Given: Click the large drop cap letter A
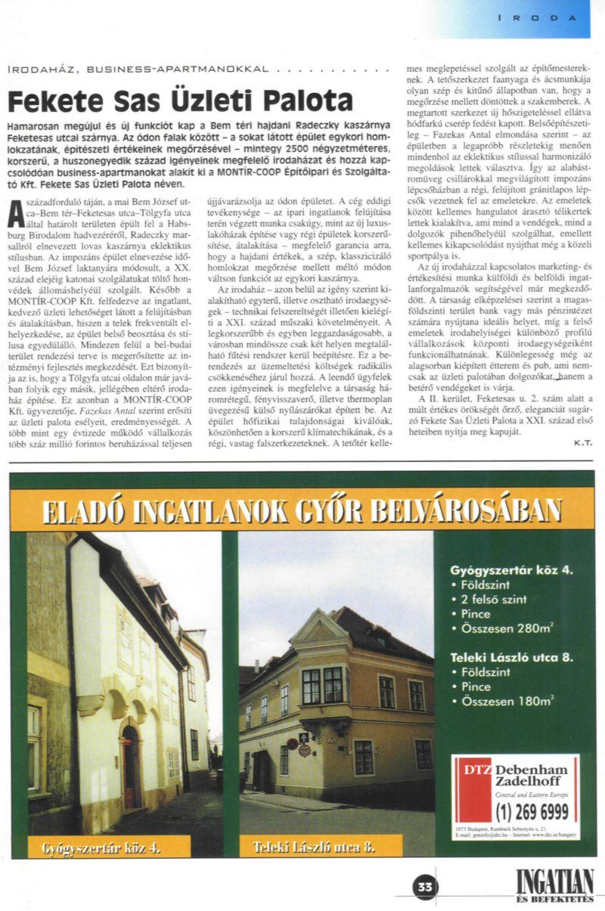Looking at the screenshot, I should pos(14,215).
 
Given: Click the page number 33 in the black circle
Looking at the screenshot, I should pos(425,887).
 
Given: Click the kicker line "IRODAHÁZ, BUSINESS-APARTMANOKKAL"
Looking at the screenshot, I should pos(136,69).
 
